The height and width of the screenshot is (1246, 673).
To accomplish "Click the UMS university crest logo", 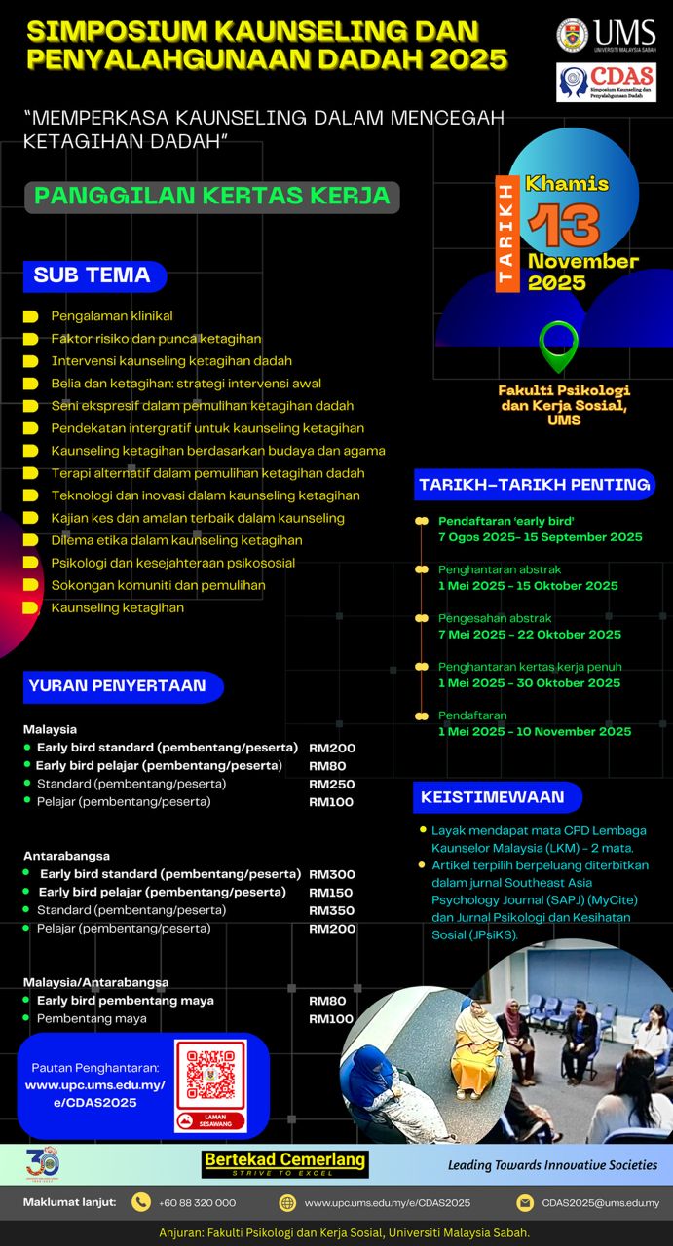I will (572, 35).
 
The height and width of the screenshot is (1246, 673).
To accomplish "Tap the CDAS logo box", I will (606, 83).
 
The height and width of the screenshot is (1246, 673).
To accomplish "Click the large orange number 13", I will (564, 225).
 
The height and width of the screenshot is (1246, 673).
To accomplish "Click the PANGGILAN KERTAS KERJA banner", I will (211, 196).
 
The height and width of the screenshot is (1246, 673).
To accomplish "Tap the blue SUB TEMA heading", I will (93, 275).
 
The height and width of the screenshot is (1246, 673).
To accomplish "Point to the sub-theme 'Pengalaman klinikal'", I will (112, 316).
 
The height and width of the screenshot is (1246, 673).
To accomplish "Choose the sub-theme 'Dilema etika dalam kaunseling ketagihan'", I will (176, 540).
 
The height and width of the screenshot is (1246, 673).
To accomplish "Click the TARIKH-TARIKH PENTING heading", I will (534, 484).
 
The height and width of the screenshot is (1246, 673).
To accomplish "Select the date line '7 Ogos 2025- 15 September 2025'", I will (540, 537).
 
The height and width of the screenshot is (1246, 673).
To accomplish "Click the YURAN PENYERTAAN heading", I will (118, 685).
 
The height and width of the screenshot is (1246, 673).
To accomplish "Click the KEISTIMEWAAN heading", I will (493, 797).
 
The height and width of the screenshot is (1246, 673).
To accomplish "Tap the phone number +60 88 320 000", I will (198, 1202).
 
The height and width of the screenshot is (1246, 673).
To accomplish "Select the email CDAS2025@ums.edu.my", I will (600, 1202).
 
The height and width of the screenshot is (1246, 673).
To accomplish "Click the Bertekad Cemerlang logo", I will (284, 1163).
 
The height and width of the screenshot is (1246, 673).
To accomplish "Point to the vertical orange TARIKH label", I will (505, 235).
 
